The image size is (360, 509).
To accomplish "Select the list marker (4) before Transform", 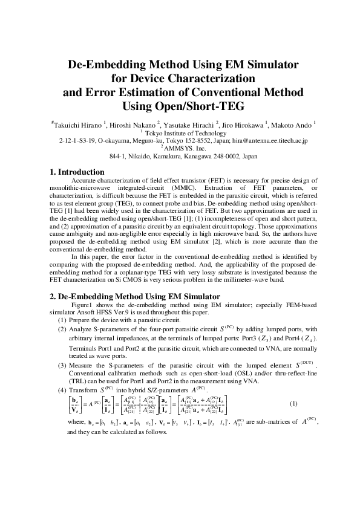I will tap(62, 390).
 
